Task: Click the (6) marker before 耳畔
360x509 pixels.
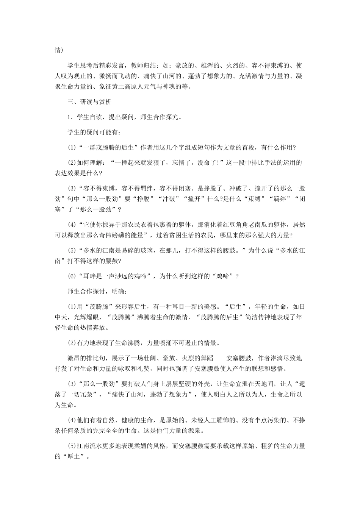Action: [x=72, y=276]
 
